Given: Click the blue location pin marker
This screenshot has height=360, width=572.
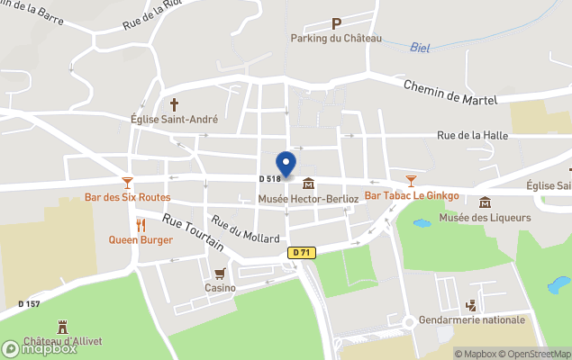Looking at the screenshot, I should coord(286,165).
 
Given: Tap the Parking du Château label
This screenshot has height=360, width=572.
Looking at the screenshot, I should coord(336,38).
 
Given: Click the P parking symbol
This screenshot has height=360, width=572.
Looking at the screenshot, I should coord(336,23).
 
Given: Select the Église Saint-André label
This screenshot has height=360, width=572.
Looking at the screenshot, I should coord(174,118).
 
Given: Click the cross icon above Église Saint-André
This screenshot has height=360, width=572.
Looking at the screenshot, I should coord(174,103).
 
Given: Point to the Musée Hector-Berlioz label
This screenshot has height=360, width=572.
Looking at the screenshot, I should coord(309,197).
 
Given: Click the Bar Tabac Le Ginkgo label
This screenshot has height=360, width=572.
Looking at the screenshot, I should coord(412,195).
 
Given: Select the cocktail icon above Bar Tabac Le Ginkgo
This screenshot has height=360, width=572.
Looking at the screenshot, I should coord(412,181).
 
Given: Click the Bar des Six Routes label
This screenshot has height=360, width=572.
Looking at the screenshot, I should coord(127,197).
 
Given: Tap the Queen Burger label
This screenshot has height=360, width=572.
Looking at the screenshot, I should coord(141,239).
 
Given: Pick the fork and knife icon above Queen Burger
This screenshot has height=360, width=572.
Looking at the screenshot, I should coord(141,224).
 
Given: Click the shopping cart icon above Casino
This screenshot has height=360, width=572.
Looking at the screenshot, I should coord(220,274).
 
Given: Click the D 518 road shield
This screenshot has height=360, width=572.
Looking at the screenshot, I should coord(270,179).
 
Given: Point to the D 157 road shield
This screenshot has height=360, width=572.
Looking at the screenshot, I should coord(29,303).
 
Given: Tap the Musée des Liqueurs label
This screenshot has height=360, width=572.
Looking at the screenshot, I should coord(485,217).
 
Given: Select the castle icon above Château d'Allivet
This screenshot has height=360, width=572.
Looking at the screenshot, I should coord(63,326).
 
